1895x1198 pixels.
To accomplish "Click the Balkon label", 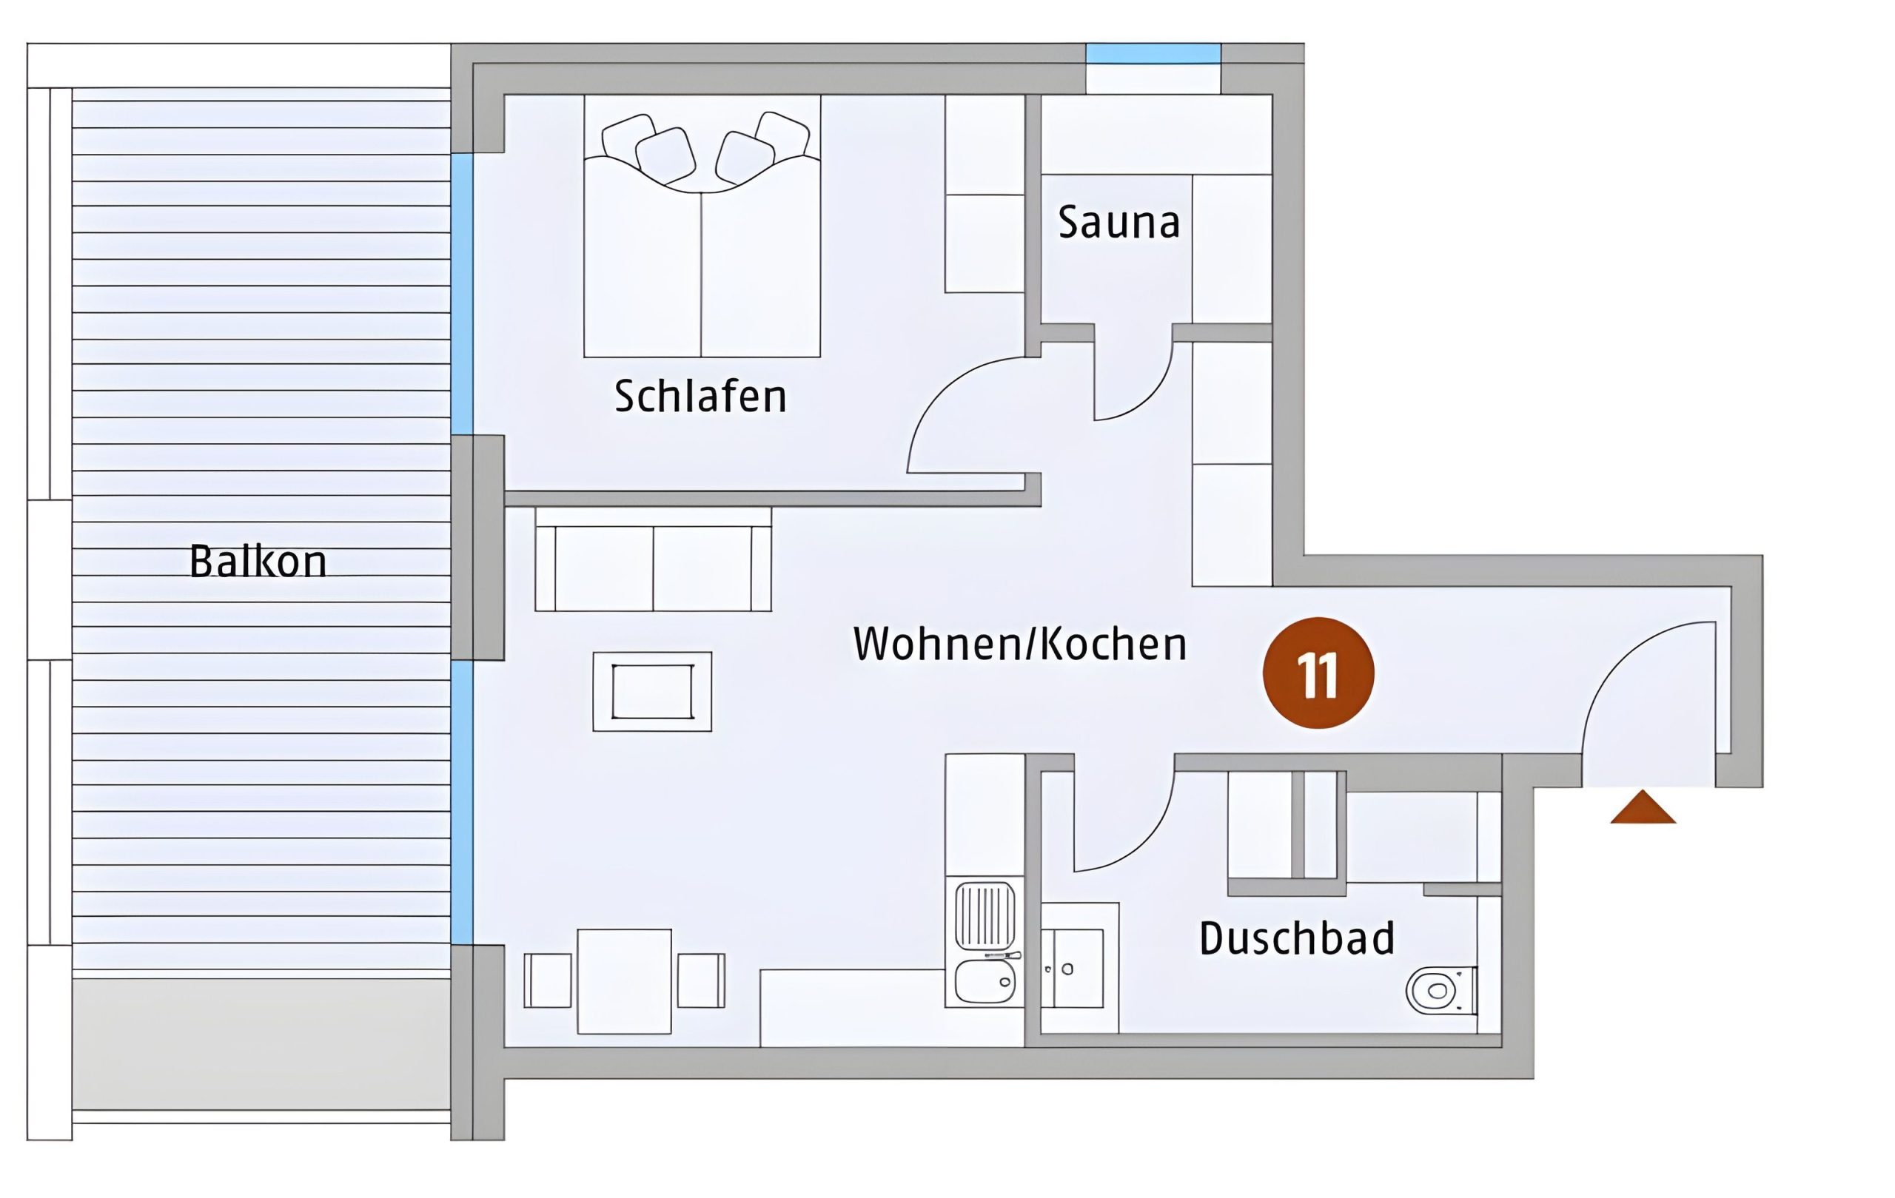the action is coord(258,561).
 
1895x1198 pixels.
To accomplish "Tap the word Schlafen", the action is coord(700,396).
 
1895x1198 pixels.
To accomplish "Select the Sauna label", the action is coord(1118,222).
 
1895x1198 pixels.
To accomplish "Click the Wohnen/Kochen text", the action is coord(1020,644).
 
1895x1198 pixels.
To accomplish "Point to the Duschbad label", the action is coord(1296,938).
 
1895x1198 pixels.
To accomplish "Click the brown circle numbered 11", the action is coord(1318,673).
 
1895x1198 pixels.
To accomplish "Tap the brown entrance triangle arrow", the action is coord(1643,808).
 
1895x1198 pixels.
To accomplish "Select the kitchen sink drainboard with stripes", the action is coord(985,915).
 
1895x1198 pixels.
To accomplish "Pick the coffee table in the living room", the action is coord(652,691).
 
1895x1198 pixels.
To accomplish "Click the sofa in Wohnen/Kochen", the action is coord(653,559).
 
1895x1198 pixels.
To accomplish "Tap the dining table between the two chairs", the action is coord(624,981).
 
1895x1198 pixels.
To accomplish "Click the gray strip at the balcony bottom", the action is coord(261,1044).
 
